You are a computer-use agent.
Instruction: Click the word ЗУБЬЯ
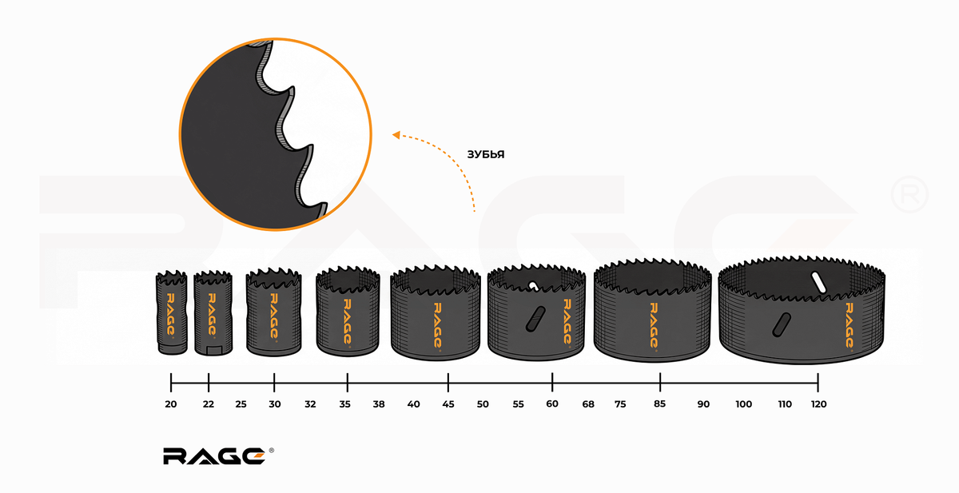(x=486, y=153)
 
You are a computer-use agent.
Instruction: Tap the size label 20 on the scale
(x=171, y=404)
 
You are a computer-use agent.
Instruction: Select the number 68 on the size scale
(x=588, y=404)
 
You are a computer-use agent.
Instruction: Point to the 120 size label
(x=818, y=404)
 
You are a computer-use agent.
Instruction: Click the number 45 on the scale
(x=448, y=404)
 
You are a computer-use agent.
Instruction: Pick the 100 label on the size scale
(x=744, y=404)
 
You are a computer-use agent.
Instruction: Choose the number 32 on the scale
(x=310, y=404)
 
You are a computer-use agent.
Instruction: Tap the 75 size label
(x=620, y=404)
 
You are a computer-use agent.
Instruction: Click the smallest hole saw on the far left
(x=171, y=313)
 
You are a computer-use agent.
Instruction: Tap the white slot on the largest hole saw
(x=817, y=281)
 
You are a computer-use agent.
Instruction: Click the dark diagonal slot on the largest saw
(x=779, y=324)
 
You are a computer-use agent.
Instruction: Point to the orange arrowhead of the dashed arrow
(x=396, y=136)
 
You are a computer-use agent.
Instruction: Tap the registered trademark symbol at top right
(x=909, y=193)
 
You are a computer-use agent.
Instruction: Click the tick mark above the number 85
(x=660, y=381)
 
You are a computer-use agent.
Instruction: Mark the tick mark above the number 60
(x=552, y=381)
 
